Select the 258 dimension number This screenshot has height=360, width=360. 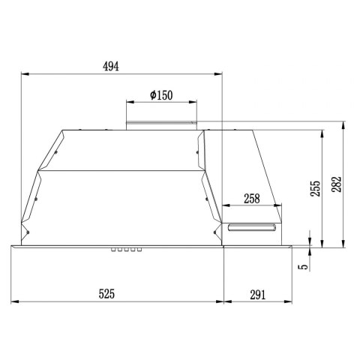[252, 199]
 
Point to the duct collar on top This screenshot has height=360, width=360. [161, 122]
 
